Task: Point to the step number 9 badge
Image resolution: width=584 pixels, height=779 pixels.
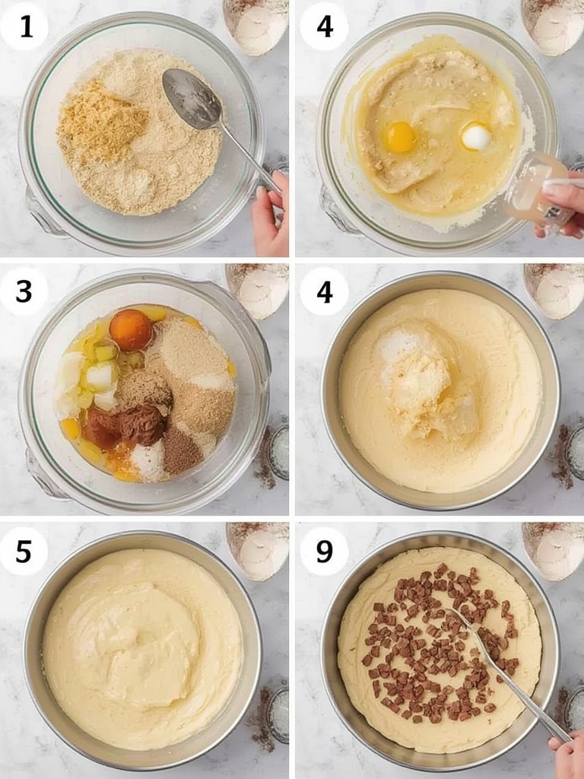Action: click(324, 552)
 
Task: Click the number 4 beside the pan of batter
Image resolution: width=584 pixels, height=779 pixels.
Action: click(324, 291)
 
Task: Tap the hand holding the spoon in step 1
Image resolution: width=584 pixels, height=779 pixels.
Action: click(271, 214)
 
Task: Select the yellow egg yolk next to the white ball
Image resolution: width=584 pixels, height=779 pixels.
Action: click(400, 137)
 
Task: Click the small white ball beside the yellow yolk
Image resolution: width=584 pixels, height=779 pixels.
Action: click(476, 137)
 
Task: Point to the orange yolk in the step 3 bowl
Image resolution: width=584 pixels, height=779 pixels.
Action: click(131, 329)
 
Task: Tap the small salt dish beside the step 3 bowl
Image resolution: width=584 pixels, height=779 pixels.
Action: click(278, 452)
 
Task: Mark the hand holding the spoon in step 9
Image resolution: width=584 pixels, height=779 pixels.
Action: click(567, 755)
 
